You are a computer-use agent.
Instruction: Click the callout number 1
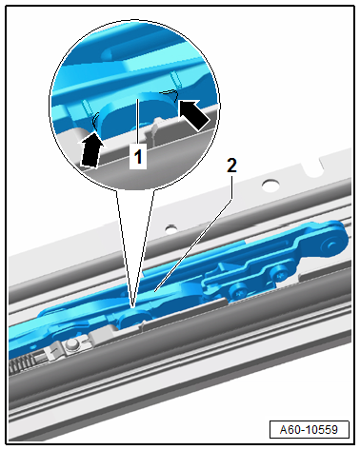[138, 157]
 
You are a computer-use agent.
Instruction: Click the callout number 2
[231, 166]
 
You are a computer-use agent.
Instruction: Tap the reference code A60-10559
[309, 430]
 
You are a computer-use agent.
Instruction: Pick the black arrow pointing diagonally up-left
[193, 114]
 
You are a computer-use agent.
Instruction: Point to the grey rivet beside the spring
[72, 344]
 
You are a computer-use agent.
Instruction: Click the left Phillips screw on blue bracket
[237, 289]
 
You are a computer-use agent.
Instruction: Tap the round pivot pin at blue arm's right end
[330, 245]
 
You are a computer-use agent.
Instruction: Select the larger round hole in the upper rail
[270, 185]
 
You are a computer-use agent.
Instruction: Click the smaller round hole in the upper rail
[171, 228]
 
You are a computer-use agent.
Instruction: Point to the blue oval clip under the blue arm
[135, 318]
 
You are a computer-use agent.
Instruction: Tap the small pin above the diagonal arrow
[175, 80]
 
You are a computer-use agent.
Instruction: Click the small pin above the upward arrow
[87, 108]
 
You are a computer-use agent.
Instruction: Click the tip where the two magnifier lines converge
[133, 307]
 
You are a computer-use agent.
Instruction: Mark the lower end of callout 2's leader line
[154, 291]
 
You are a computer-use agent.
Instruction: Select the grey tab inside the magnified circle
[154, 130]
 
